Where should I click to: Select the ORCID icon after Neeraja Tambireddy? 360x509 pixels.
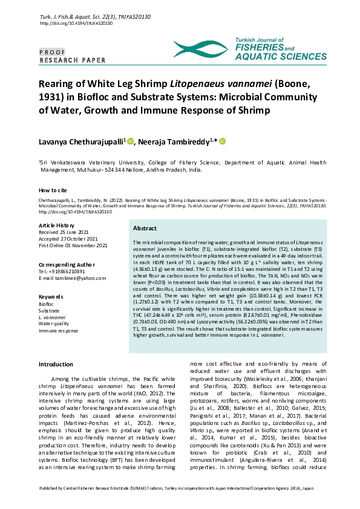pos(222,141)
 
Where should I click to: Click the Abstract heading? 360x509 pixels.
pos(145,229)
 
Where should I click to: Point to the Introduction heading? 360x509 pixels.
pos(56,365)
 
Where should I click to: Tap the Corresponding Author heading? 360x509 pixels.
pos(66,265)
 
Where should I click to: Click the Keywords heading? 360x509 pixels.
pos(51,297)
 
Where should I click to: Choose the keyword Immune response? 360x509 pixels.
pos(58,331)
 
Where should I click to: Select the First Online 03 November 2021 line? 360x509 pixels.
pos(73,245)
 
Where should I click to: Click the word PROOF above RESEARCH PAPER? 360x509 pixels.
pos(54,53)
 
